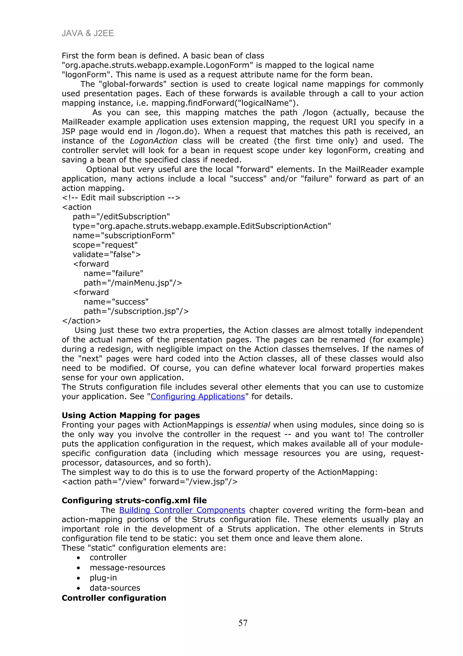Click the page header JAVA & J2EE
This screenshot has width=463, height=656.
point(87,34)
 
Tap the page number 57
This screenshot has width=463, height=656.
point(243,623)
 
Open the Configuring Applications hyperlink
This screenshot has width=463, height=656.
point(198,397)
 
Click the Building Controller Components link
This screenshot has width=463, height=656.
point(182,510)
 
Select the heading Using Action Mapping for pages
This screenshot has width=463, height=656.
point(131,415)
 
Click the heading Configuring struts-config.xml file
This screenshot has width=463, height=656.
point(134,500)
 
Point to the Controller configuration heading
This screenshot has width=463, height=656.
point(114,598)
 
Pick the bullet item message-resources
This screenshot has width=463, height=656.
point(127,567)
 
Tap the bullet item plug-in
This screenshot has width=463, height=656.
point(103,578)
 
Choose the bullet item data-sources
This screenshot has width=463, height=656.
point(115,588)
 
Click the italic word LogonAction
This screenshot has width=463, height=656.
point(154,141)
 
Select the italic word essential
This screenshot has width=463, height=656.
point(253,425)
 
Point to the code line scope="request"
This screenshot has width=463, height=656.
point(105,245)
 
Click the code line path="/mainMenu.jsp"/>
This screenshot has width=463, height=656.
point(133,283)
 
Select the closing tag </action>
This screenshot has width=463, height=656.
point(81,321)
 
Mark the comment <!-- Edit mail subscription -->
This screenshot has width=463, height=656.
point(121,198)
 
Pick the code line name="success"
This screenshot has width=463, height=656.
point(116,302)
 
